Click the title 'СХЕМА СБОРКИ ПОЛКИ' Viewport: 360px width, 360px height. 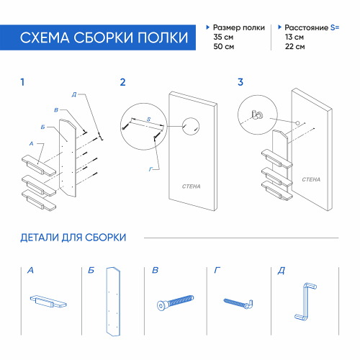[105, 37]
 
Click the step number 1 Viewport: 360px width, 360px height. [22, 82]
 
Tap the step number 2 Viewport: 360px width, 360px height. [122, 82]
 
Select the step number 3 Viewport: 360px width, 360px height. [240, 82]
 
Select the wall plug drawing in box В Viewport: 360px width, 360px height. [175, 301]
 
